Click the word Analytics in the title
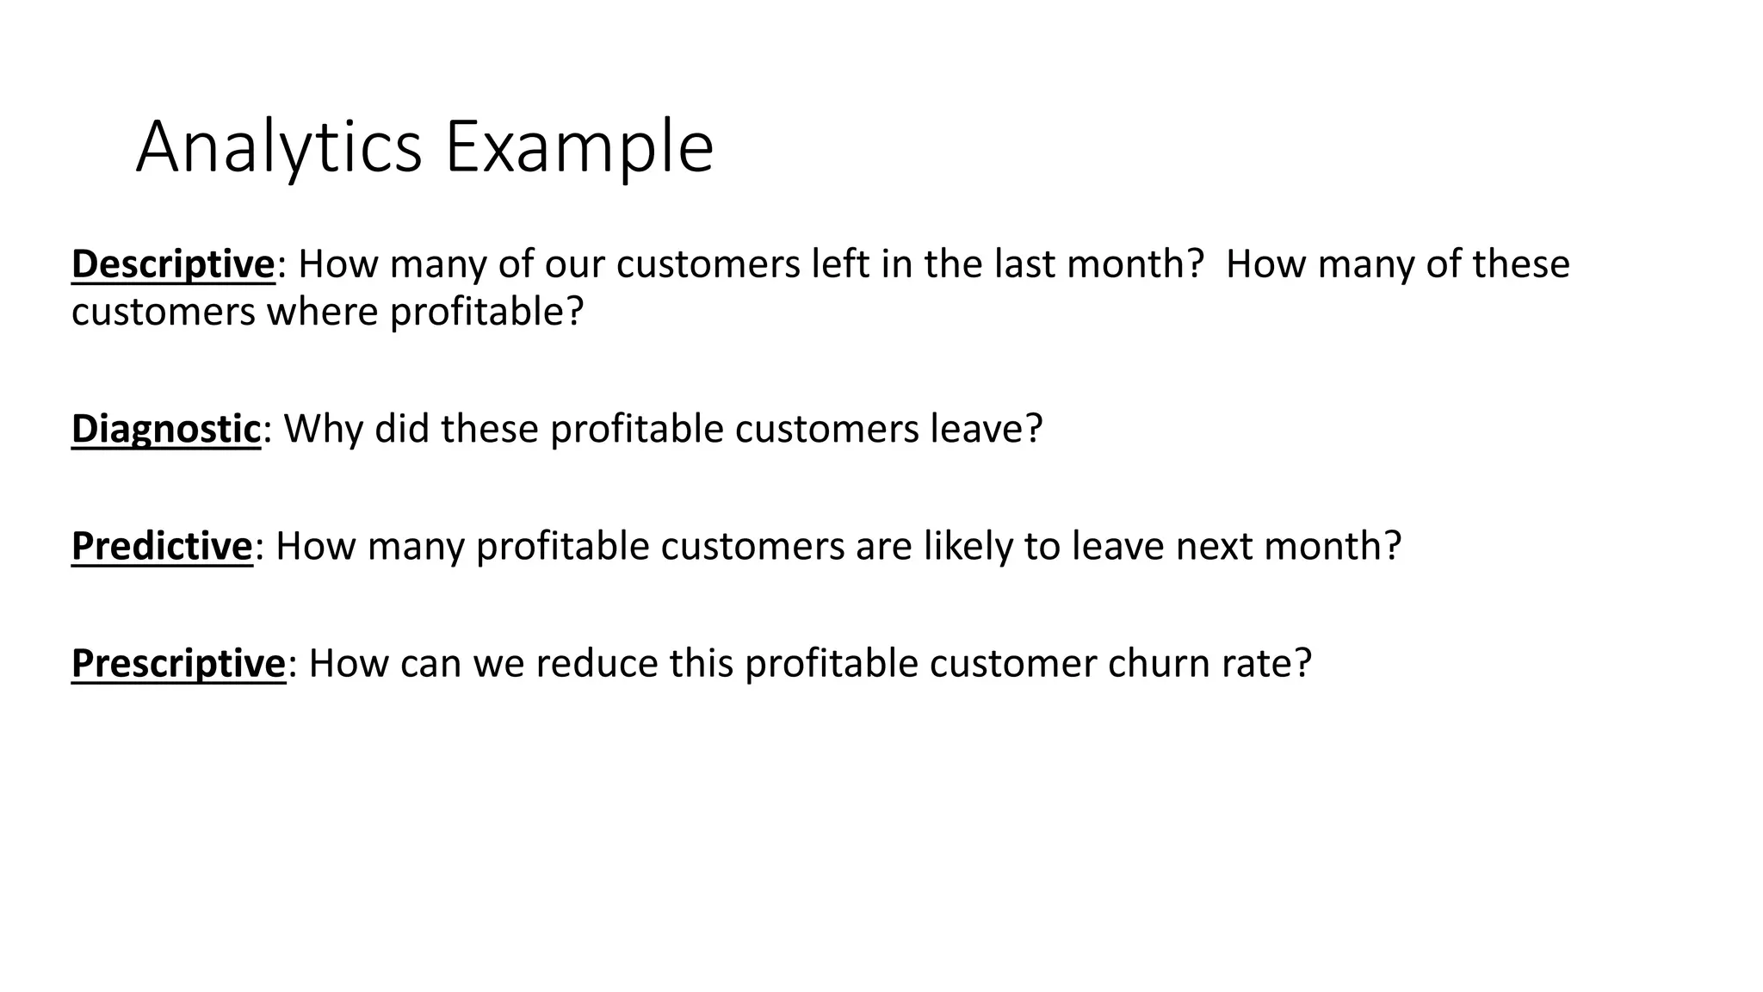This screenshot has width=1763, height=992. [278, 148]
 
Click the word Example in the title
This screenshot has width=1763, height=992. [578, 148]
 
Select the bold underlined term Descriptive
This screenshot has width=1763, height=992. [173, 264]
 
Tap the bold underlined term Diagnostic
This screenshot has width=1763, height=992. [165, 429]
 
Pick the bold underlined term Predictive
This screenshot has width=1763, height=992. [162, 546]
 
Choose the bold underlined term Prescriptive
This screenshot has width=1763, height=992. [178, 664]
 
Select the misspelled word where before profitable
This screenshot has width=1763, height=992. [322, 312]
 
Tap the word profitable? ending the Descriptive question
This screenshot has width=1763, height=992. [486, 312]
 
